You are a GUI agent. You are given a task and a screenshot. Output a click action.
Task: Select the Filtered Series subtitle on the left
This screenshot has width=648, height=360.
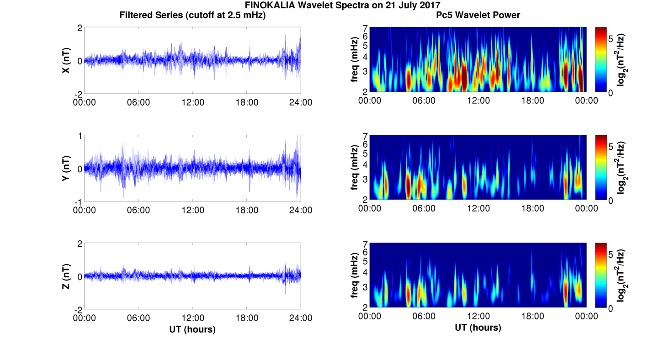[192, 16]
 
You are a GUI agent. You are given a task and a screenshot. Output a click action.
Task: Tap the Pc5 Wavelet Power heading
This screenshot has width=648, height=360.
[478, 16]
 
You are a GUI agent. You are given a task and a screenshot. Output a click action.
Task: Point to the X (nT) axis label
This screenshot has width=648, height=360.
[66, 60]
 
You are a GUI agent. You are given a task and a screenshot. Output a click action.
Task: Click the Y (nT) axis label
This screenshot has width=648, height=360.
[66, 169]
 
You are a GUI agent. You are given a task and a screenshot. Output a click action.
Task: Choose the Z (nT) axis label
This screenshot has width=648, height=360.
[66, 276]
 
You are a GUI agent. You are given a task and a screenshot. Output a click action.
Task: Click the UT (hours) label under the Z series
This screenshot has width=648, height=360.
[192, 329]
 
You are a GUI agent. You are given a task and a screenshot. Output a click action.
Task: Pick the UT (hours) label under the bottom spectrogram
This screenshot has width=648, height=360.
[478, 328]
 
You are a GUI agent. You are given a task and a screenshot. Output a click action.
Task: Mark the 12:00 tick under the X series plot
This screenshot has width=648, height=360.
[193, 102]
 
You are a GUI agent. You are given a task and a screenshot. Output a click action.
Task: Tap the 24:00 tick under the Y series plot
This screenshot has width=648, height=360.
[301, 210]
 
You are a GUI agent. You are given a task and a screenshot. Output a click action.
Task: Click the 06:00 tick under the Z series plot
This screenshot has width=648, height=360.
[138, 318]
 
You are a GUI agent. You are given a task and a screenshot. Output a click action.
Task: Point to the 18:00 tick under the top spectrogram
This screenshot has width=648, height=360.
[532, 101]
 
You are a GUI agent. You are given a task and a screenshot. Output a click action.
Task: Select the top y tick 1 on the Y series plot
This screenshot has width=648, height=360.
[80, 136]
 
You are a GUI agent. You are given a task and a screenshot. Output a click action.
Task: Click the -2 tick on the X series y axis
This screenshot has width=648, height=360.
[78, 94]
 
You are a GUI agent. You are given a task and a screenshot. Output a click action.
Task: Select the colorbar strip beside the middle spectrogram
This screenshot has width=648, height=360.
[600, 168]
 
